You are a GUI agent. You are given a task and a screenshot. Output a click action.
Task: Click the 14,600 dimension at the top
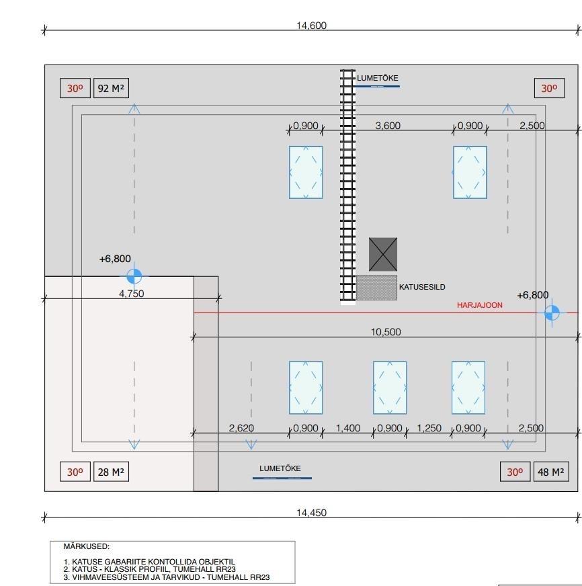[x=311, y=26]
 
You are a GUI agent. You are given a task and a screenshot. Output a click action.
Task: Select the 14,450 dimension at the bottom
[x=311, y=513]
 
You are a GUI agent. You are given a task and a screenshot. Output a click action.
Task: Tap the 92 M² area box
[x=110, y=88]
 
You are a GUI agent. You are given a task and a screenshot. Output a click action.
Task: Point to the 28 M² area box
[x=110, y=472]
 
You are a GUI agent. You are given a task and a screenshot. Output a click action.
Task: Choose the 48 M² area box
[x=550, y=472]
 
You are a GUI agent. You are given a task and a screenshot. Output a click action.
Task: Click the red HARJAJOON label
[x=480, y=305]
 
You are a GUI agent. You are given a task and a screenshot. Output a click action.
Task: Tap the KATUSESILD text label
[x=422, y=287]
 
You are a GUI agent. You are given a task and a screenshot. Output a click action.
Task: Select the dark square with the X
[x=383, y=254]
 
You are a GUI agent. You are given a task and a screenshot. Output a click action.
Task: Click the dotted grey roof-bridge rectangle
[x=376, y=287]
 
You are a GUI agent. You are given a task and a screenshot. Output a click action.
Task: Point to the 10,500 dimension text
[x=386, y=332]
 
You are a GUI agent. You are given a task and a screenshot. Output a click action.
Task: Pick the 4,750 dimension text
[x=131, y=294]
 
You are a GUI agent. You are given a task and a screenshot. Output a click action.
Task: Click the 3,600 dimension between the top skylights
[x=388, y=126]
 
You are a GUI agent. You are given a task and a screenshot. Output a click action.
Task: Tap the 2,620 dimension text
[x=241, y=428]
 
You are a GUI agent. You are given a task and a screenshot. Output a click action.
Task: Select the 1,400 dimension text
[x=347, y=428]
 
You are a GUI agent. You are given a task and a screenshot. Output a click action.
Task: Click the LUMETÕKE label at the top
[x=378, y=78]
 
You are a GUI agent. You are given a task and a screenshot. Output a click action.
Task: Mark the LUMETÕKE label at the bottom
[x=280, y=468]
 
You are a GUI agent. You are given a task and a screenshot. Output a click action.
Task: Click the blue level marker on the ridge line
[x=552, y=312]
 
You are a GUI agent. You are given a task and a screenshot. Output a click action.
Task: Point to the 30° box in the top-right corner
[x=549, y=88]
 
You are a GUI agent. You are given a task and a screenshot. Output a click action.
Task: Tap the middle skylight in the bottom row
[x=390, y=388]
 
